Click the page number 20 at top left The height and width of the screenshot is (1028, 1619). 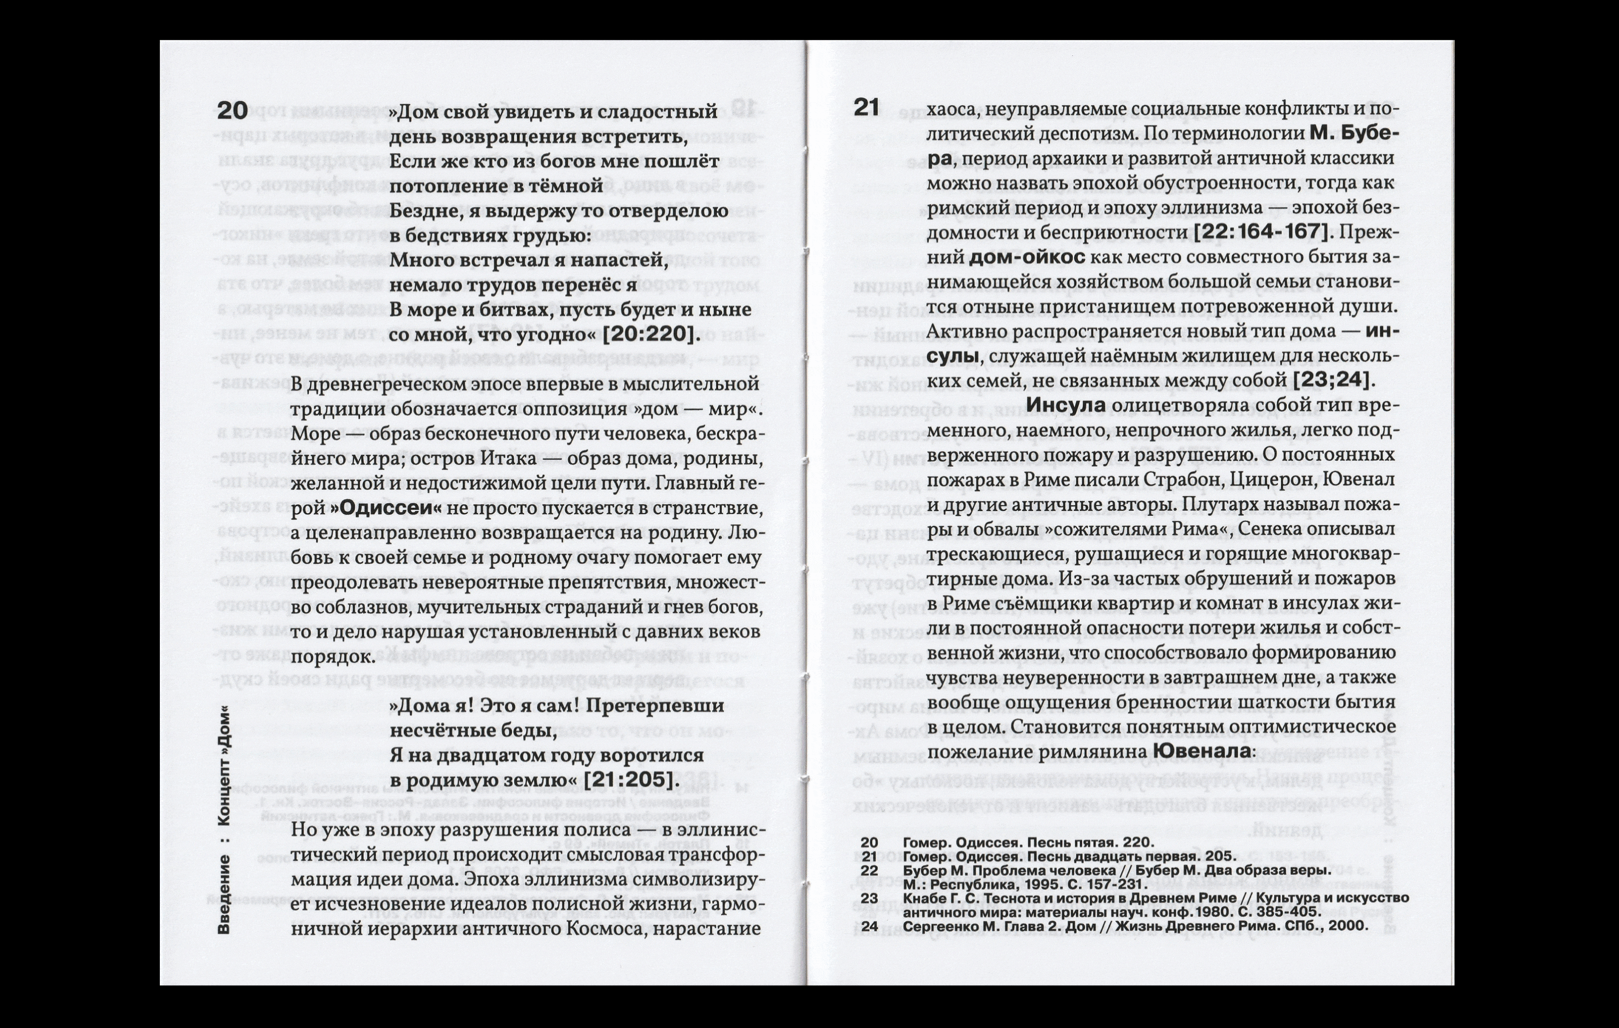tap(232, 111)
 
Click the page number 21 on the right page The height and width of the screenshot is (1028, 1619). tap(867, 107)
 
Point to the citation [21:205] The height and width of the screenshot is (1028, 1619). tap(628, 780)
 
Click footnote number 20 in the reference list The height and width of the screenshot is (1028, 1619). tap(869, 843)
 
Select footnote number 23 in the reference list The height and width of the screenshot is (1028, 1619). tap(869, 899)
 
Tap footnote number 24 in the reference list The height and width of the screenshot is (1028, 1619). tap(869, 926)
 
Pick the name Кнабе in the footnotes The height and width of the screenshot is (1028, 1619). tap(922, 899)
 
